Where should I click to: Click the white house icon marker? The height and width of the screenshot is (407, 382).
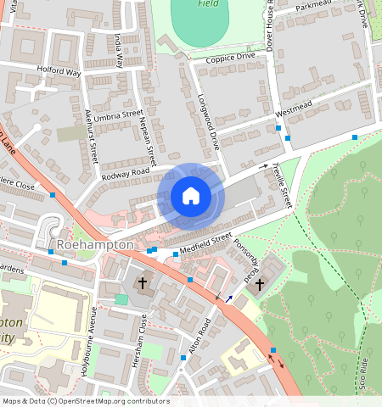[191, 197]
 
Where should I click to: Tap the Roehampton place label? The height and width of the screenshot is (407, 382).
[95, 245]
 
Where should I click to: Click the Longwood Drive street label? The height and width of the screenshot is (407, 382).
[208, 126]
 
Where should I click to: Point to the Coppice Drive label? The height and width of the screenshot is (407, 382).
[224, 57]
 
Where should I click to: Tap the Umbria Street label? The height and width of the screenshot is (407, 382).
[120, 114]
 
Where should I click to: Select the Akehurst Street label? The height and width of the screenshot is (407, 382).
[92, 136]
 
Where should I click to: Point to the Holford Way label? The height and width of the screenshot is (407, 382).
[59, 72]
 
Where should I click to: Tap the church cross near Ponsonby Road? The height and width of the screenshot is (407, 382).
[259, 285]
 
